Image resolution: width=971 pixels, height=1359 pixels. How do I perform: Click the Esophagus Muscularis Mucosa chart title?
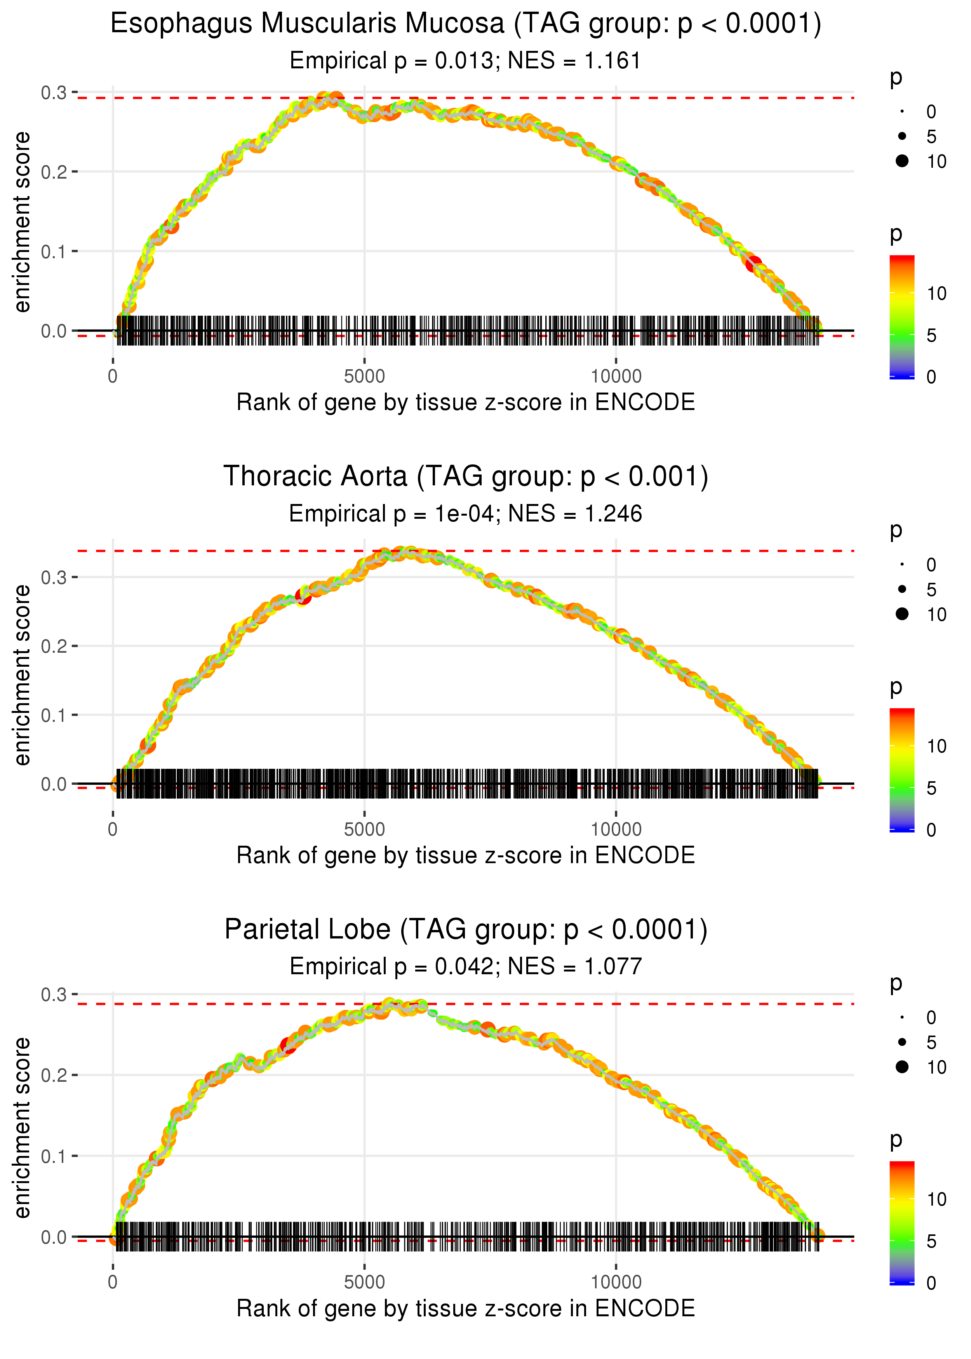click(466, 24)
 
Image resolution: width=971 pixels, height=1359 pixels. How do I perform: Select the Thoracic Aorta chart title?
click(466, 477)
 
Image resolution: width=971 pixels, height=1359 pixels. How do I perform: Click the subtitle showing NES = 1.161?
click(466, 61)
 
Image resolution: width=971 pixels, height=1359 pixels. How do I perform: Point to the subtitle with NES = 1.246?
click(466, 514)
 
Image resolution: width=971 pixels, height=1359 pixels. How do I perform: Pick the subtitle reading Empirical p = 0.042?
click(466, 966)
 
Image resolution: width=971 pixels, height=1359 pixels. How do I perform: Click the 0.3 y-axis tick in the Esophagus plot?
click(54, 93)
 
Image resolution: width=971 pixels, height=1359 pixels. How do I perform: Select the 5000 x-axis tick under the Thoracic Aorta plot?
click(364, 829)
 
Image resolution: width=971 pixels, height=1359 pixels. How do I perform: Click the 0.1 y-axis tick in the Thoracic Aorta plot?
click(54, 715)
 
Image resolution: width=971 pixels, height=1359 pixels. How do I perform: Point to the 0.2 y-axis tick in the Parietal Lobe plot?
click(54, 1075)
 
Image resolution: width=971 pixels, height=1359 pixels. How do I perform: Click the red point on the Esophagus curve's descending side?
click(753, 264)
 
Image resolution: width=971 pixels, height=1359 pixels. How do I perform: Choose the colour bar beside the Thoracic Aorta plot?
click(902, 770)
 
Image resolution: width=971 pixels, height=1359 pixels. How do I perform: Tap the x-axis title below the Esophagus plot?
click(466, 403)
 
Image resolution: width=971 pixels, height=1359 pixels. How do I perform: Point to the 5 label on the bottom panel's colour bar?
click(931, 1241)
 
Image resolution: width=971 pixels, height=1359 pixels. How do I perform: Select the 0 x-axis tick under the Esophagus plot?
click(113, 377)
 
